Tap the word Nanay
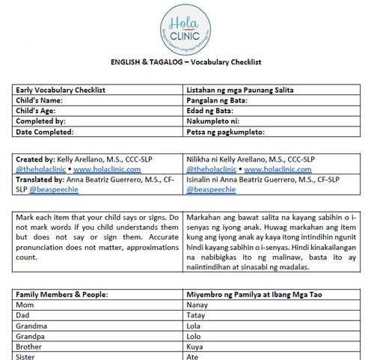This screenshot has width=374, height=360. tap(197, 305)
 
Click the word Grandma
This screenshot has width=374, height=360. tap(31, 326)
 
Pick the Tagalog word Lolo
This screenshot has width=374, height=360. tap(194, 337)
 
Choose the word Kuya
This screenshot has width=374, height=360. tap(194, 347)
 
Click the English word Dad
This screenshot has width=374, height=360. tap(23, 316)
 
